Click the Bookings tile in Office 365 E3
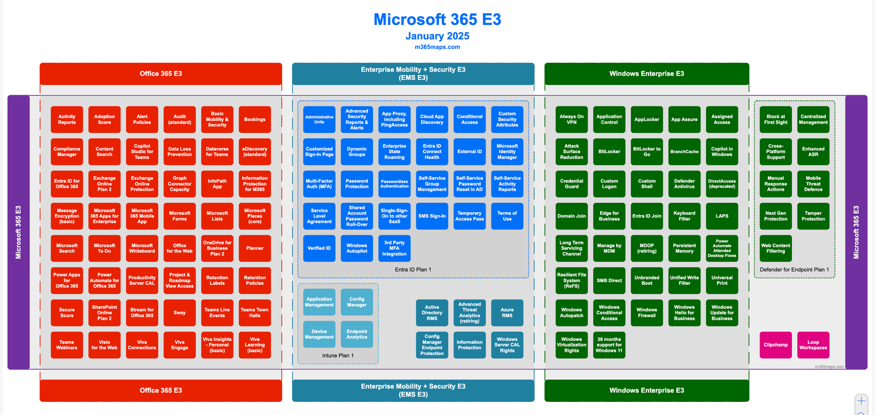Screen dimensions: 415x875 pyautogui.click(x=254, y=119)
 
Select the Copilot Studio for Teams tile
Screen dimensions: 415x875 pyautogui.click(x=142, y=151)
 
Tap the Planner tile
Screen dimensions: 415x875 pyautogui.click(x=254, y=248)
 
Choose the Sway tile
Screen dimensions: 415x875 pyautogui.click(x=179, y=313)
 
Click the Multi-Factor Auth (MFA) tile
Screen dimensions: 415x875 pyautogui.click(x=319, y=184)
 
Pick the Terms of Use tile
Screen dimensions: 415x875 pyautogui.click(x=507, y=216)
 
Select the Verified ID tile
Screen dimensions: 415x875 pyautogui.click(x=319, y=248)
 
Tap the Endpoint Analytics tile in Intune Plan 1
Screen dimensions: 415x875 pyautogui.click(x=357, y=334)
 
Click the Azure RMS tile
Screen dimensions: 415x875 pyautogui.click(x=507, y=313)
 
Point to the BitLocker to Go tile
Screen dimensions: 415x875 pyautogui.click(x=646, y=151)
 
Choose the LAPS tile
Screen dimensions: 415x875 pyautogui.click(x=722, y=216)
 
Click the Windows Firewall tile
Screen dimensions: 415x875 pyautogui.click(x=646, y=313)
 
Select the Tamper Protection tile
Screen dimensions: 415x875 pyautogui.click(x=813, y=216)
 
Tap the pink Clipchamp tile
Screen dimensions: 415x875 pyautogui.click(x=775, y=345)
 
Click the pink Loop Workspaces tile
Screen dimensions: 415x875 pyautogui.click(x=813, y=345)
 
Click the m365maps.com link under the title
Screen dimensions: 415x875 pyautogui.click(x=437, y=47)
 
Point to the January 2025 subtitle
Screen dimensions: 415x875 pyautogui.click(x=437, y=36)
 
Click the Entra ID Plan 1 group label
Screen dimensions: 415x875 pyautogui.click(x=413, y=270)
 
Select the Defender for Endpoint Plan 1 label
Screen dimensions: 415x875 pyautogui.click(x=794, y=270)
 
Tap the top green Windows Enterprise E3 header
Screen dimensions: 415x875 pyautogui.click(x=646, y=74)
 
